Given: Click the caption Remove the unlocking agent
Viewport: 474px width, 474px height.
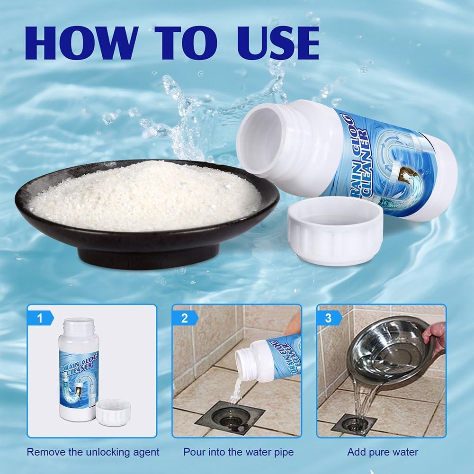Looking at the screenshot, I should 93,452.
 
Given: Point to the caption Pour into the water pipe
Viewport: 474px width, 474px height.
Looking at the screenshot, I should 239,452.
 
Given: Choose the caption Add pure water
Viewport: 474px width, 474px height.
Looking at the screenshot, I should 383,452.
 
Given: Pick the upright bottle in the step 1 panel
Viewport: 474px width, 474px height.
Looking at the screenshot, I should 75,374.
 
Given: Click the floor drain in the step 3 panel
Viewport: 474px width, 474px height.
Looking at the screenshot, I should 354,423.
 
